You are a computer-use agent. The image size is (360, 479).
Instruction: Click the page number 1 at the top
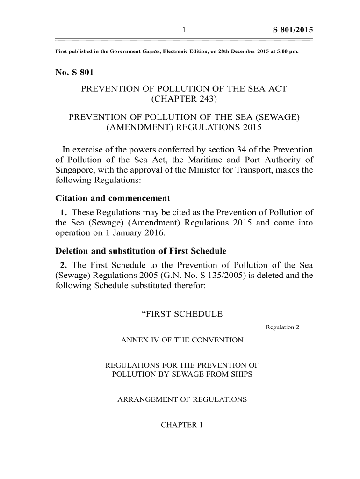coord(184,30)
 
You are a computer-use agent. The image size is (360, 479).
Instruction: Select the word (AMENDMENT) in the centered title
coord(135,127)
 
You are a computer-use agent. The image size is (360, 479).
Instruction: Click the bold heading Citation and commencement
coord(112,198)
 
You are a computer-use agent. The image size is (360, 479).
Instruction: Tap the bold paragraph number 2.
coord(63,265)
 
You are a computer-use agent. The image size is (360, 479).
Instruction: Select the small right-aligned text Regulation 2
coord(282,327)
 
